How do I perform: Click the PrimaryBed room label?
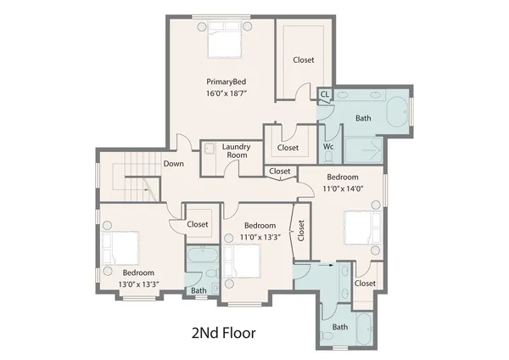[220, 82]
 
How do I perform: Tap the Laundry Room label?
[235, 150]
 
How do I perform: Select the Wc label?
[328, 147]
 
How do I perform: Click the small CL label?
[324, 94]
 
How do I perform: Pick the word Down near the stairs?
[174, 164]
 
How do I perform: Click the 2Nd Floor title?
[220, 332]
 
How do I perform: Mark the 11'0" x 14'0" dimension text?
[344, 188]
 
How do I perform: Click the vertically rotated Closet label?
[301, 229]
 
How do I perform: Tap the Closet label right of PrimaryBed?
[304, 60]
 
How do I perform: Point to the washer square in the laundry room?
[209, 148]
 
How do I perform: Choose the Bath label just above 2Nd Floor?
[339, 327]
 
